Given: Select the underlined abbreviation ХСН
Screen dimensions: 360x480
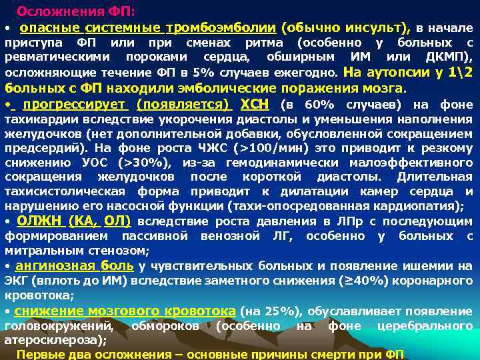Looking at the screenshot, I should [253, 105].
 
